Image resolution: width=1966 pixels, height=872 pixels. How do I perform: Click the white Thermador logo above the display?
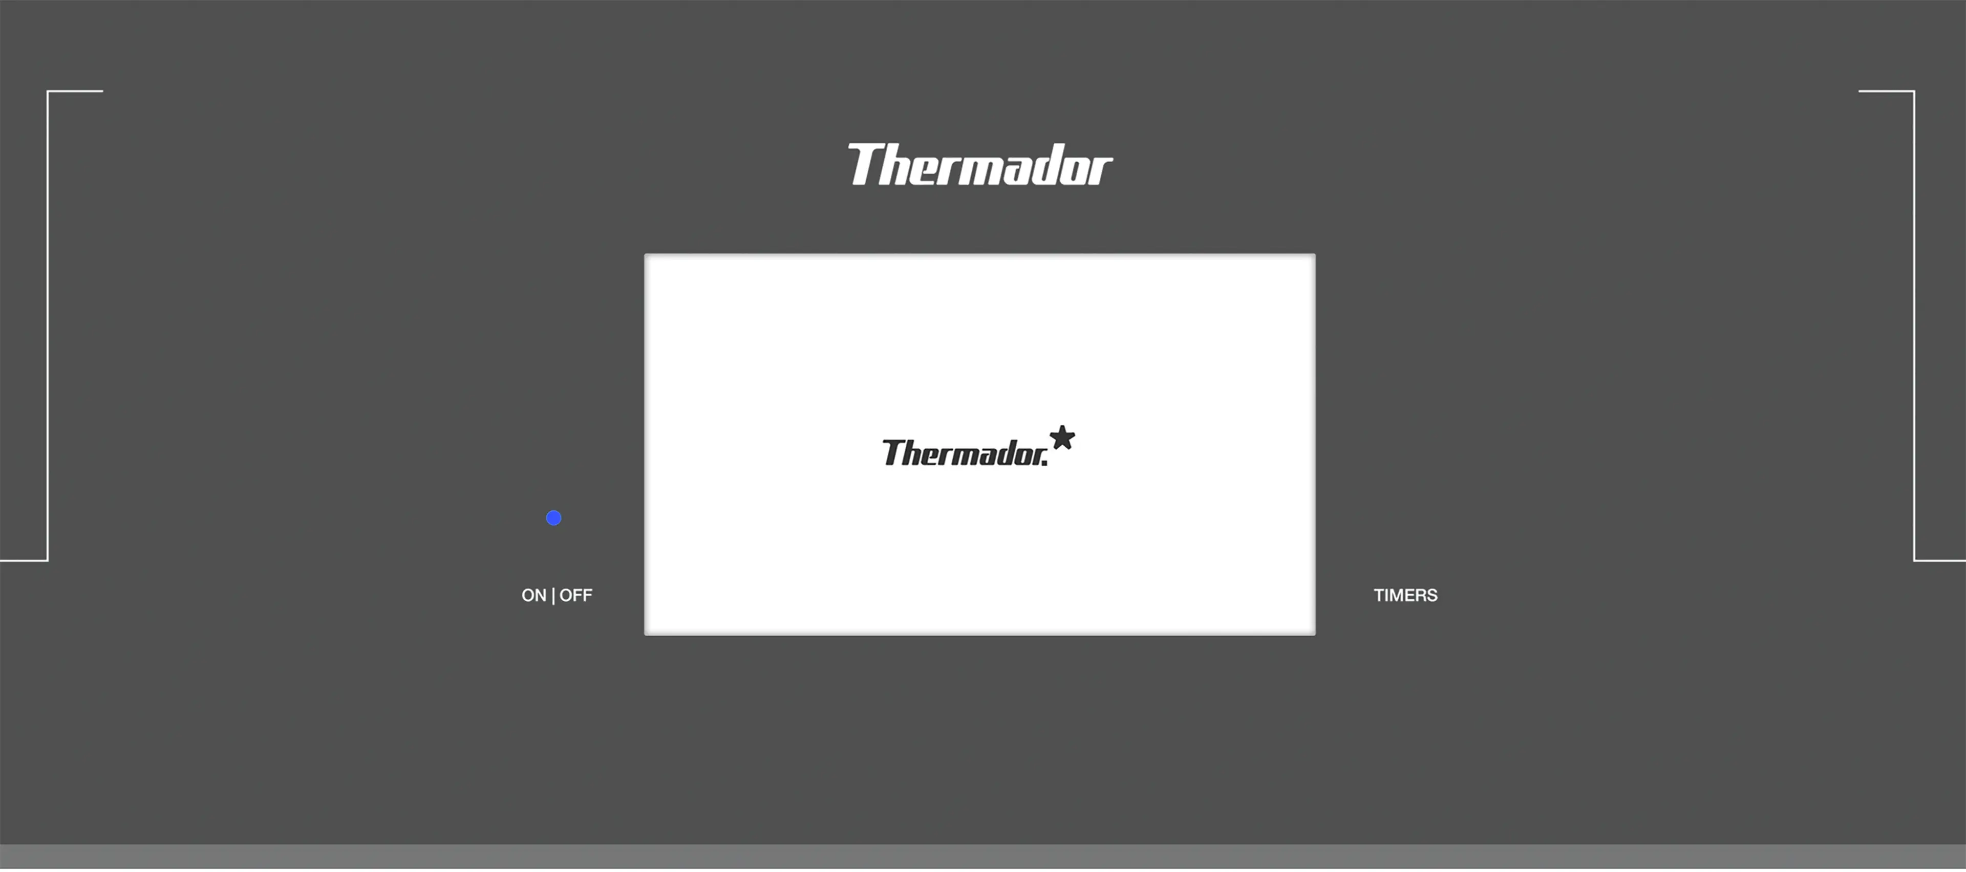[980, 165]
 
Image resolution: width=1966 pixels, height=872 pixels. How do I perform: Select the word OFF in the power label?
[575, 596]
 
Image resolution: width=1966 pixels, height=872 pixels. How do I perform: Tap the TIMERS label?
[1405, 596]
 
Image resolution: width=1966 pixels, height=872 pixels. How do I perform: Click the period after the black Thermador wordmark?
[1045, 463]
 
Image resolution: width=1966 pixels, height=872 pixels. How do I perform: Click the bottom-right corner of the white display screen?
[1314, 634]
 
